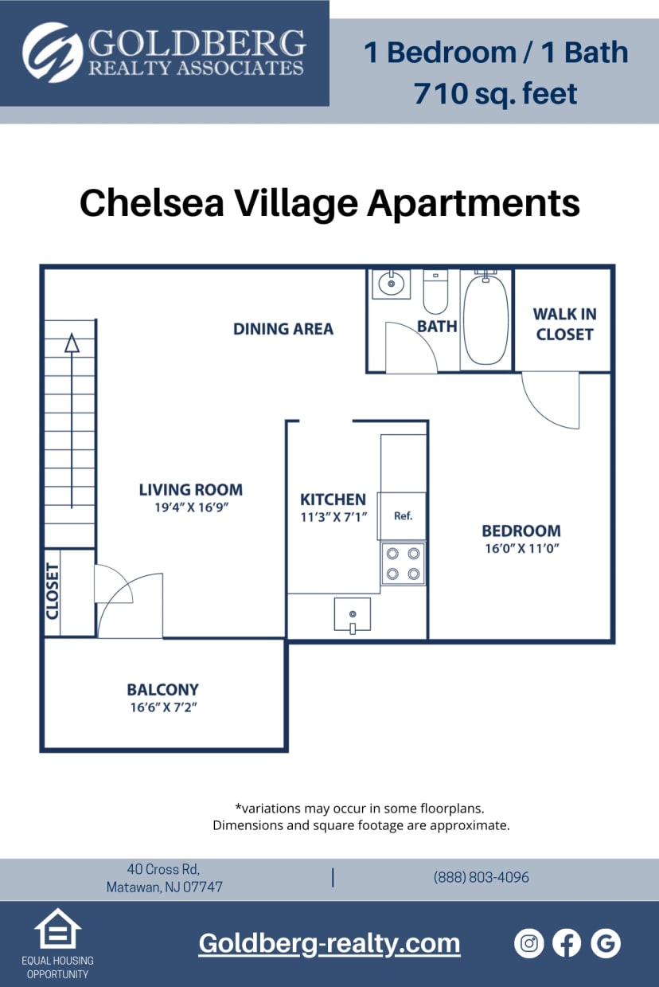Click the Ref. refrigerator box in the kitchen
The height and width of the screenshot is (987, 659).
403,516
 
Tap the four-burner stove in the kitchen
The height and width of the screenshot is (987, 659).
403,563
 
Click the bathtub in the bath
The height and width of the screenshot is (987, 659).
485,319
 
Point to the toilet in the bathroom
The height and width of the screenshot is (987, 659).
435,292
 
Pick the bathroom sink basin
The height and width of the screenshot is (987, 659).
392,284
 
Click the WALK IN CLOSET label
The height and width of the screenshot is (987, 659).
564,324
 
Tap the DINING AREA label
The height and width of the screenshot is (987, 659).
283,328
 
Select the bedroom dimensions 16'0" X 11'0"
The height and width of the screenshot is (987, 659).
521,549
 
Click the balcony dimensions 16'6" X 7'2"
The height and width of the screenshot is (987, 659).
162,707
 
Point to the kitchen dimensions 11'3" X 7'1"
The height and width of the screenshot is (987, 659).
333,516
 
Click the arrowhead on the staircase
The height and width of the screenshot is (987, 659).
72,343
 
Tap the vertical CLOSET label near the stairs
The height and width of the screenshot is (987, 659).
53,591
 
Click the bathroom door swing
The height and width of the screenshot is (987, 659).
409,349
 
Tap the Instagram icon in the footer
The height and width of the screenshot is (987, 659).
529,943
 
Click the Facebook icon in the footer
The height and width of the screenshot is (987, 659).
567,943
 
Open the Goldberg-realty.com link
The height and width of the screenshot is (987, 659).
329,943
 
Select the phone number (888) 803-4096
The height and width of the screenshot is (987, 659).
481,877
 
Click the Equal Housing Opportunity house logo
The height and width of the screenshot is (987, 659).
57,928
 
